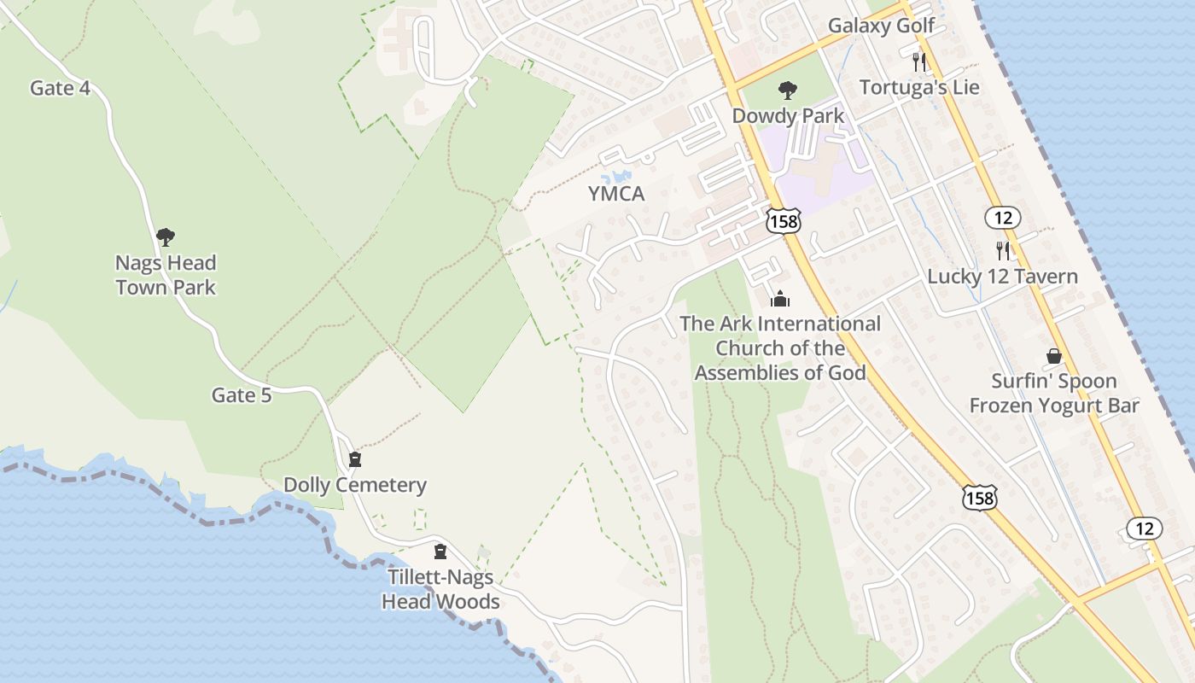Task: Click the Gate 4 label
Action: tap(60, 88)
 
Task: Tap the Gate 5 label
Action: tap(242, 395)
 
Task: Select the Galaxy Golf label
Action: tap(882, 26)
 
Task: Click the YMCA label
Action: tap(616, 195)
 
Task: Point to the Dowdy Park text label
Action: tap(788, 116)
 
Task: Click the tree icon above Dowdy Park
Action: tap(788, 90)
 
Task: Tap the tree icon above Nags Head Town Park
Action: tap(166, 237)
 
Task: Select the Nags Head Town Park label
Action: tap(166, 275)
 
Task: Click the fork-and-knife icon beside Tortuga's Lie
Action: tap(919, 61)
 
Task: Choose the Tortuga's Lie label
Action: tap(919, 88)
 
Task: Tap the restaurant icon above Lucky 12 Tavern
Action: tap(1003, 251)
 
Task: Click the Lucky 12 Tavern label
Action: tap(1003, 277)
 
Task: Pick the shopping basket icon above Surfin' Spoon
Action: tap(1054, 356)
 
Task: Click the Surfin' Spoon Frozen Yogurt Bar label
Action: tap(1054, 393)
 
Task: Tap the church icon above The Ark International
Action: tap(780, 299)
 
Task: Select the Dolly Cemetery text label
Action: tap(355, 486)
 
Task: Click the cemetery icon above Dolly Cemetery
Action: tap(355, 460)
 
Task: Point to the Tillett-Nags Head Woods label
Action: tap(440, 589)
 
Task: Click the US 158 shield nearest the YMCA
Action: tap(783, 220)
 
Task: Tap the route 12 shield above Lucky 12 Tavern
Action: tap(1002, 217)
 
